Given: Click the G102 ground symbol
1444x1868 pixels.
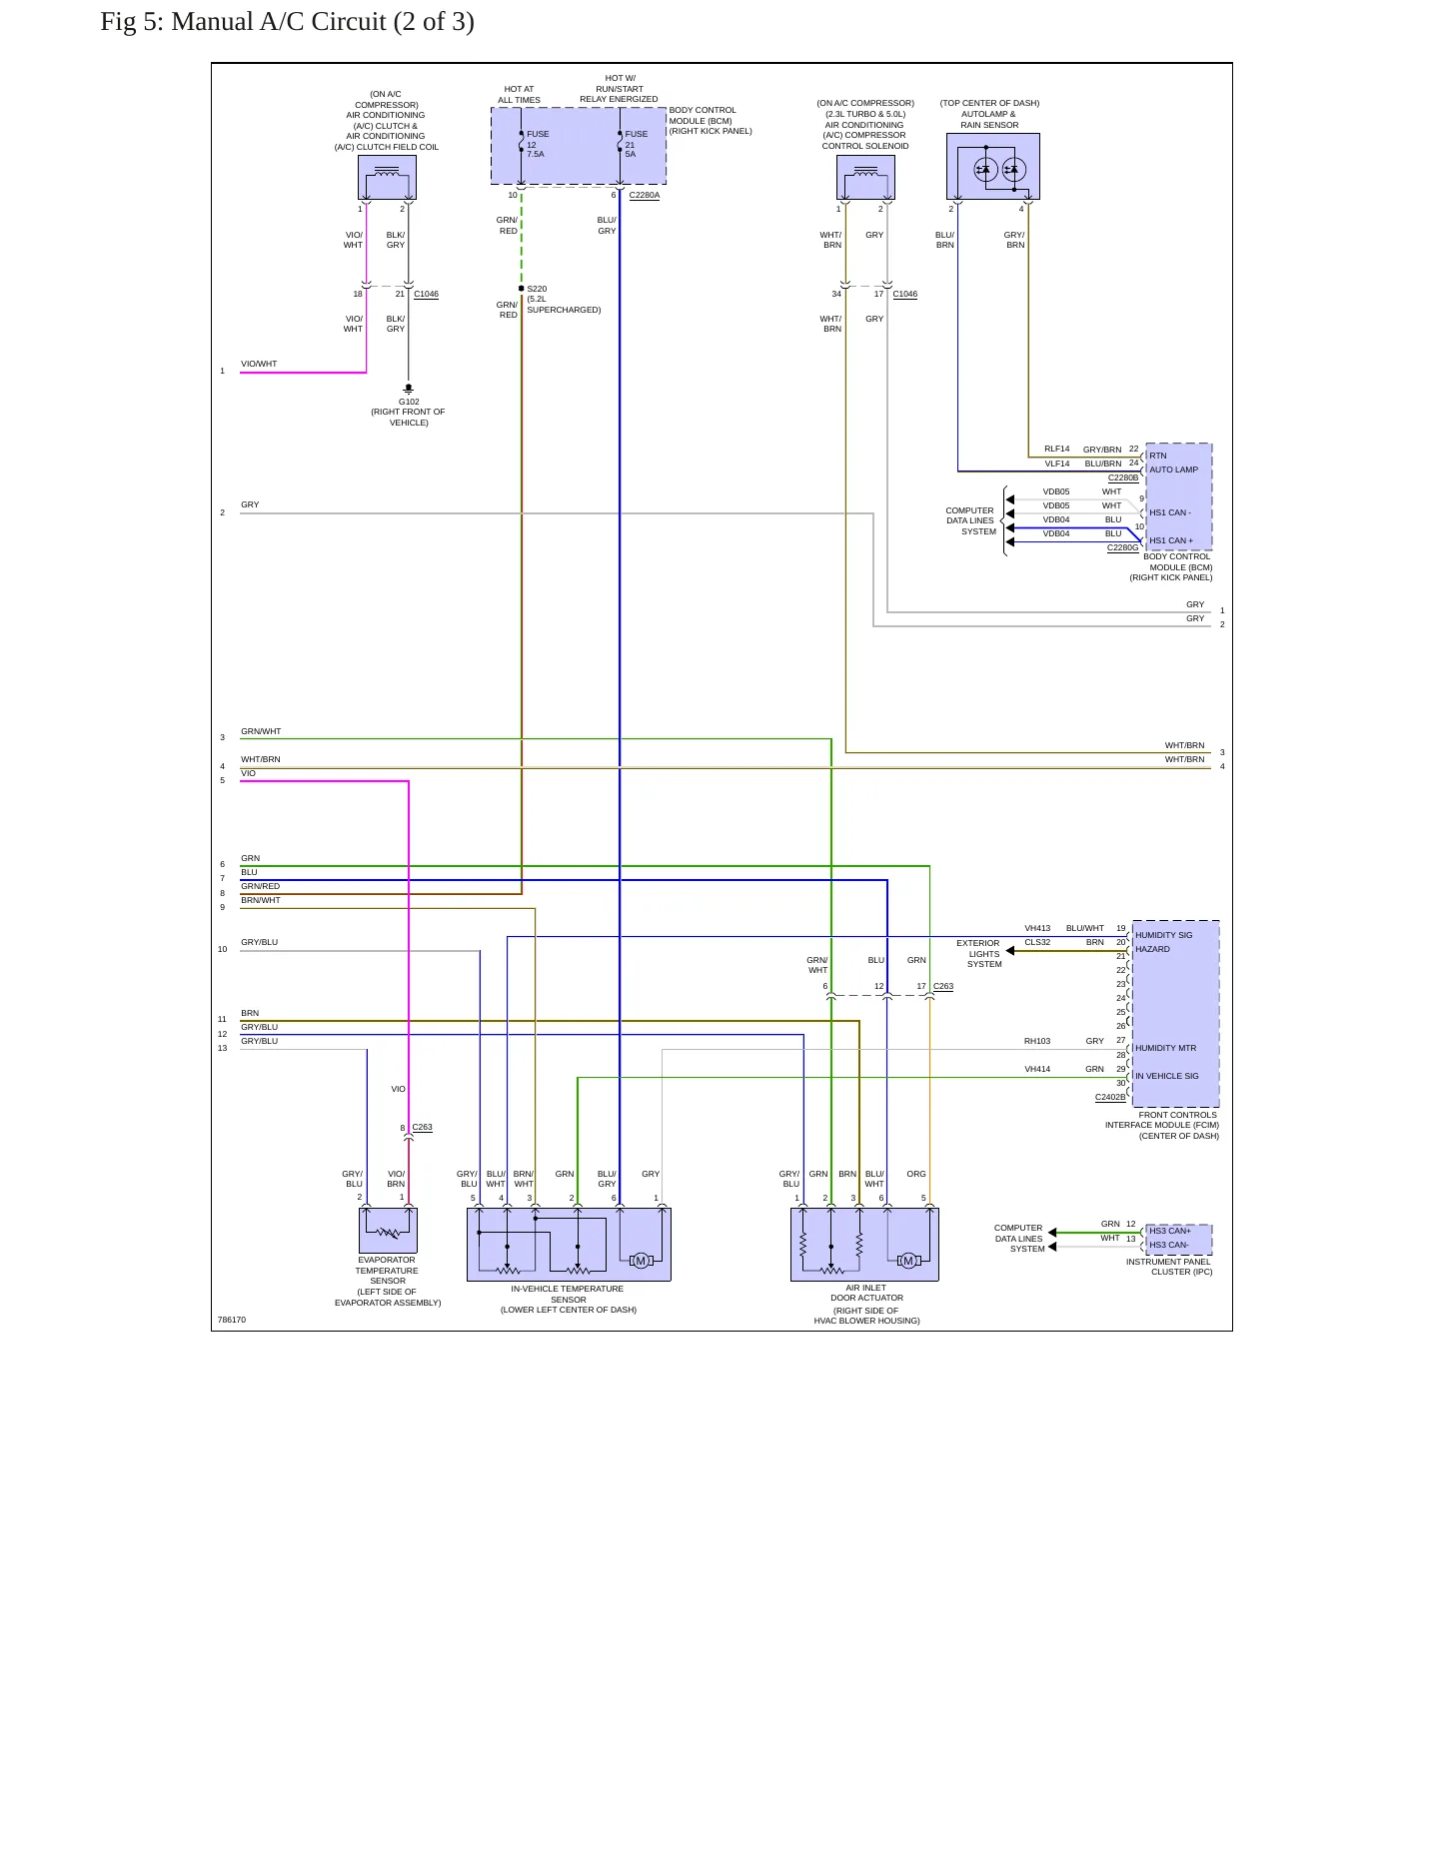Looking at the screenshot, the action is coord(409,389).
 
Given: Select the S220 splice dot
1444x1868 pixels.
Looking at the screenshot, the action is coord(522,289).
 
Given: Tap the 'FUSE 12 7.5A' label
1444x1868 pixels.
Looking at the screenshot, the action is coord(538,144).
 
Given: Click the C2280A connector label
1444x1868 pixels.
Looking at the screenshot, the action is coord(645,195).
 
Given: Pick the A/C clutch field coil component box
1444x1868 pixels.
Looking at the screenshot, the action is coord(388,178).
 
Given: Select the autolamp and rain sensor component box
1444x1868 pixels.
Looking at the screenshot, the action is coord(993,167).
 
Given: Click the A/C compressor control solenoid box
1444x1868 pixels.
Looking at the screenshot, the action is coord(865,178).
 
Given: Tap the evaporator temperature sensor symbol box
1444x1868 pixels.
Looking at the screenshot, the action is coord(388,1231).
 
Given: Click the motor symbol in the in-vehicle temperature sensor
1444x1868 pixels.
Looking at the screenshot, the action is coord(641,1261).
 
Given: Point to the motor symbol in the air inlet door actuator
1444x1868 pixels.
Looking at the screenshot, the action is coord(907,1261).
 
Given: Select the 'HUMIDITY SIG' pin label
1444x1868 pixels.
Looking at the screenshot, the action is coord(1164,936).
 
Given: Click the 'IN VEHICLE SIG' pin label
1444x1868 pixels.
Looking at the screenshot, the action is coord(1167,1077).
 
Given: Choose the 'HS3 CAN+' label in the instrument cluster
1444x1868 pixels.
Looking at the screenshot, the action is coord(1170,1232).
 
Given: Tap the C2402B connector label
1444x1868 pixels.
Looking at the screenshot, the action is coord(1110,1097).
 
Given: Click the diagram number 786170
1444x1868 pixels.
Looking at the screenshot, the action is coord(232,1321).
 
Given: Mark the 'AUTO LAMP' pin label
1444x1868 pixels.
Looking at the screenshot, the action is coord(1173,469).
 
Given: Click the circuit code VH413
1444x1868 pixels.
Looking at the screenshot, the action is coord(1037,929).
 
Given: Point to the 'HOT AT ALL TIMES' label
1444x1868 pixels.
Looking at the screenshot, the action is coord(520,95).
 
